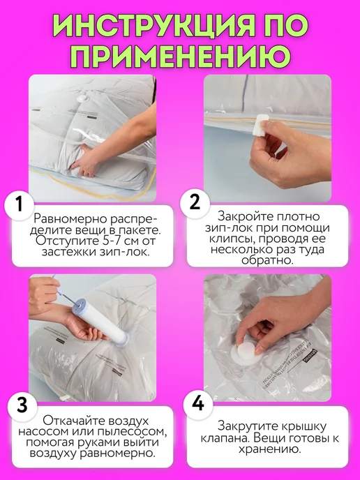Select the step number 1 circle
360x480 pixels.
click(20, 204)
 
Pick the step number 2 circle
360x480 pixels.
click(195, 202)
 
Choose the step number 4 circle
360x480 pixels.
click(197, 403)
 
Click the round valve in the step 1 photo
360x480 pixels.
click(82, 99)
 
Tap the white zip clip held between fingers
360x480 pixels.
click(260, 125)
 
